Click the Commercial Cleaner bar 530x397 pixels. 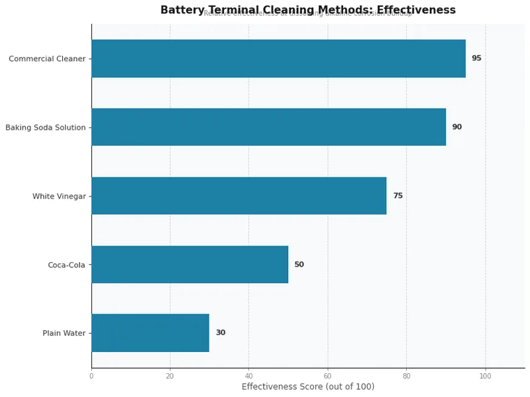(278, 58)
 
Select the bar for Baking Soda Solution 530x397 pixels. (268, 127)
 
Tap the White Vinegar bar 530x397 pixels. (238, 196)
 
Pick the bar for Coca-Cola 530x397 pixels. (189, 265)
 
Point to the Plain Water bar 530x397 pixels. (150, 333)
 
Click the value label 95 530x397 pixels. (476, 58)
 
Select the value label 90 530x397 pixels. (456, 127)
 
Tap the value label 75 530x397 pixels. (397, 196)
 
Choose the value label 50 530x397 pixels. (299, 265)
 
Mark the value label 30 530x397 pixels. (220, 333)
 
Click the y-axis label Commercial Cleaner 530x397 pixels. (47, 59)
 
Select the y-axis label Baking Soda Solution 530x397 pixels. (45, 128)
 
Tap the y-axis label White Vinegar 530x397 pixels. (59, 197)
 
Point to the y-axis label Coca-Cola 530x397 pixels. (66, 265)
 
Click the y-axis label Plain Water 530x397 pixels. (64, 333)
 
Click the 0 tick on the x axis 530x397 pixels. (91, 376)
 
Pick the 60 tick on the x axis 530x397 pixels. (327, 376)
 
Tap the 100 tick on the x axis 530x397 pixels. (485, 376)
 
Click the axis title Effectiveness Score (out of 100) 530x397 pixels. (307, 386)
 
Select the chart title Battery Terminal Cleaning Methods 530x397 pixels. (307, 10)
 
